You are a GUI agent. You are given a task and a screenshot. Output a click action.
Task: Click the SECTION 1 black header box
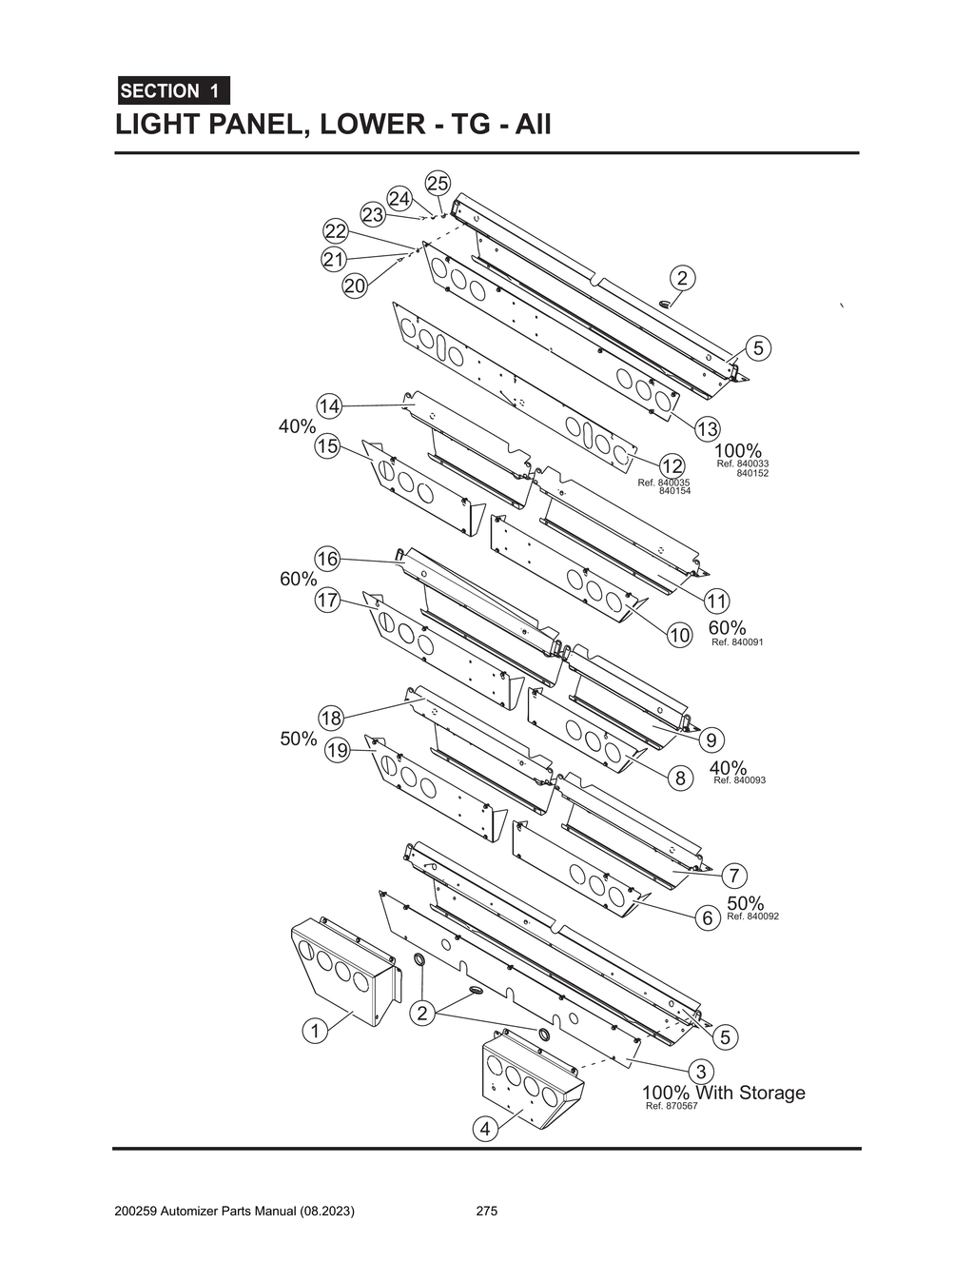pos(172,91)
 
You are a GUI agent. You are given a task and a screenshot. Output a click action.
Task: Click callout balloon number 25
pos(438,183)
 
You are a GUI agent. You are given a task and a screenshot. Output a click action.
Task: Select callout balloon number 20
pos(355,286)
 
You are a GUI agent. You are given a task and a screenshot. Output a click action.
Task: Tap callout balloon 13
pos(707,429)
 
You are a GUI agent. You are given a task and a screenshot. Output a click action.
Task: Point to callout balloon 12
pos(672,466)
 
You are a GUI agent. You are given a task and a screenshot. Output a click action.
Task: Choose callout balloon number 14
pos(329,406)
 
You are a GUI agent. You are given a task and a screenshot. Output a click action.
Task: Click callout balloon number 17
pos(328,601)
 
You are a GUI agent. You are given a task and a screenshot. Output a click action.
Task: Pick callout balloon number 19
pos(338,750)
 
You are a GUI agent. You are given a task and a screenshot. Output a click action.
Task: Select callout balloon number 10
pos(678,636)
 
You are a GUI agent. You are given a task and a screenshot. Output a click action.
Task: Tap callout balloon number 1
pos(315,1030)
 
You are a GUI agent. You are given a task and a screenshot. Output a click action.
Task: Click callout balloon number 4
pos(485,1129)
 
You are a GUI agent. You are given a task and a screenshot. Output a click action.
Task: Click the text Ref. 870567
pos(672,1106)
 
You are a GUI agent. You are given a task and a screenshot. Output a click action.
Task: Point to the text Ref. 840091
pos(737,642)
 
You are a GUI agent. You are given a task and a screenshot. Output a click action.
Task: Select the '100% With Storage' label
pos(723,1092)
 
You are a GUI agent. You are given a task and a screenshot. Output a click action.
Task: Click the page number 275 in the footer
pos(487,1212)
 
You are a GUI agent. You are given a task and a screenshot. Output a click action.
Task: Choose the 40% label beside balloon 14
pos(297,426)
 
